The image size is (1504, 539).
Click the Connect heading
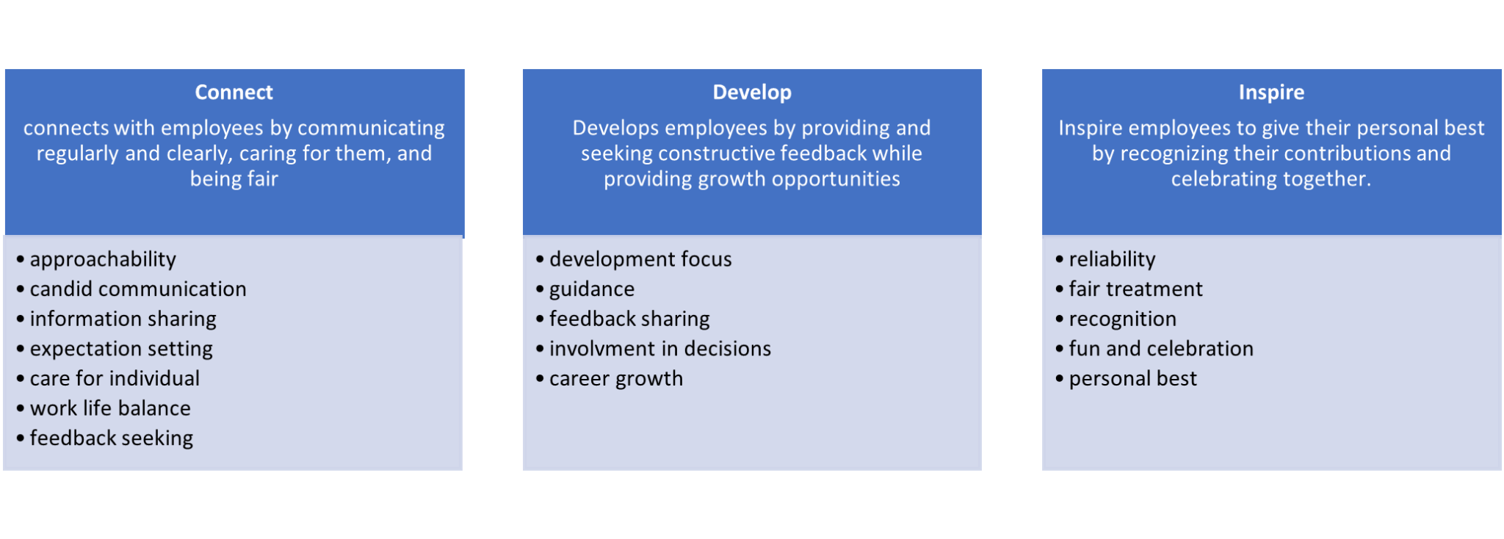[x=234, y=93]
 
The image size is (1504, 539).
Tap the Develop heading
[x=752, y=93]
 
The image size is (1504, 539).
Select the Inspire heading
[x=1271, y=93]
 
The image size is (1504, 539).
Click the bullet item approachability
[x=103, y=260]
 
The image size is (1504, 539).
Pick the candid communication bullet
[x=138, y=289]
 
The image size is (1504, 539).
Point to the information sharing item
[x=123, y=319]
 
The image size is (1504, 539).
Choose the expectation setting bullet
[x=121, y=350]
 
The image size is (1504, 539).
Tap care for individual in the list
[x=115, y=378]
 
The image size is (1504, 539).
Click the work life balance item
[x=110, y=408]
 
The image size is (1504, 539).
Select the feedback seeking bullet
[x=112, y=438]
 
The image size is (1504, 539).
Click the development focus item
[x=640, y=259]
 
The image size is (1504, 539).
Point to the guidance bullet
[x=592, y=290]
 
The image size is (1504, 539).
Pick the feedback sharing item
[x=629, y=319]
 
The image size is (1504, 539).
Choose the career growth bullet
[x=616, y=379]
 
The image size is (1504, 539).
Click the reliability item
[x=1112, y=260]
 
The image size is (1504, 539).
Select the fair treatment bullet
[x=1135, y=289]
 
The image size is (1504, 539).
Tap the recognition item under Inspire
[x=1122, y=319]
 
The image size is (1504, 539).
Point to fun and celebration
[x=1161, y=349]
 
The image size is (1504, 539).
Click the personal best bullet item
[x=1132, y=379]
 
